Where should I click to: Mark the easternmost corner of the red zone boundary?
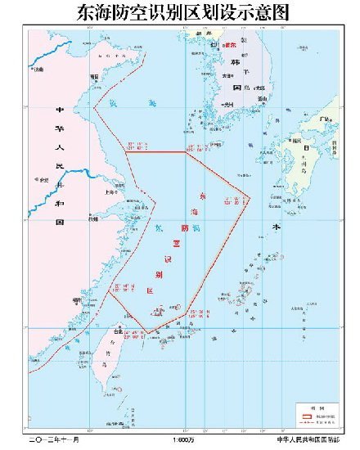(x=248, y=198)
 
